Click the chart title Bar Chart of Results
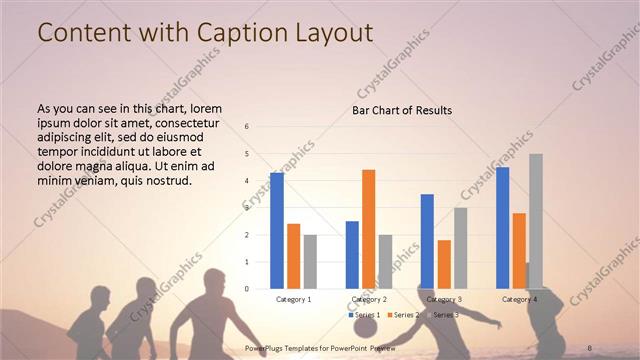[402, 110]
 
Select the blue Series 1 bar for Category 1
[277, 231]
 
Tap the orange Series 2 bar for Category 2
[368, 229]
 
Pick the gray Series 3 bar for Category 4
[536, 221]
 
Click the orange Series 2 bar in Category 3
[444, 264]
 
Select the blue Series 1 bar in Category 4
[502, 228]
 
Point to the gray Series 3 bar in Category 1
[310, 262]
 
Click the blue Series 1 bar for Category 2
[352, 255]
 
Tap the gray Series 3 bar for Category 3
[460, 248]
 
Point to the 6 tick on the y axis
[247, 127]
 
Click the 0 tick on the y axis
[247, 289]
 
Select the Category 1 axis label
[293, 299]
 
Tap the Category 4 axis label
[519, 299]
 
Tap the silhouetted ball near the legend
[367, 327]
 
